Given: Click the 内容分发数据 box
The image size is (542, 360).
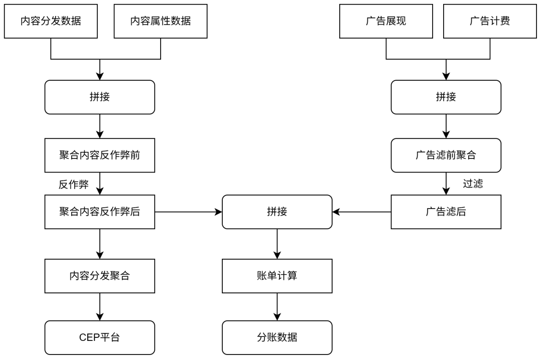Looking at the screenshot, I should point(51,21).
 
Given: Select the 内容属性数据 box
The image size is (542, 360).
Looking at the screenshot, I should point(161,21).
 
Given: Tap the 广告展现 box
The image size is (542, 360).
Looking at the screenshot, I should point(386,21).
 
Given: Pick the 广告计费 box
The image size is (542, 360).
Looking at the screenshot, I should point(490,21).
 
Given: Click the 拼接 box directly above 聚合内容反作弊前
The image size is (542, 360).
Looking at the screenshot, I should point(100,97).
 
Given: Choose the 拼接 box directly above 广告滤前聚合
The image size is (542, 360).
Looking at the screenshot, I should point(446,97).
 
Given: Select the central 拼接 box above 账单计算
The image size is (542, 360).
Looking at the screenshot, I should point(277,212).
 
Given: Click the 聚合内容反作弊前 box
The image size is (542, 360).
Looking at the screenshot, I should point(100,155).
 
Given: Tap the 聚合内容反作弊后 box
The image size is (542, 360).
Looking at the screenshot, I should point(100,212).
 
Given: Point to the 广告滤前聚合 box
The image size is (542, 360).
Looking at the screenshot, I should point(446,155).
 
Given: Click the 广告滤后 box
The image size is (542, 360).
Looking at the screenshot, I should point(446,212).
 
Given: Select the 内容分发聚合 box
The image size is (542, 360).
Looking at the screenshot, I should point(100,276).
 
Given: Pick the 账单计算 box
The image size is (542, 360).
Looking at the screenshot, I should point(277,276).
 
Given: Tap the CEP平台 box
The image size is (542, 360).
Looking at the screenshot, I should point(100,337).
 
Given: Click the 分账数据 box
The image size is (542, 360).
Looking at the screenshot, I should point(277,337).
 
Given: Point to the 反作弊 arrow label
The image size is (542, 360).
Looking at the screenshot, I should point(74,185).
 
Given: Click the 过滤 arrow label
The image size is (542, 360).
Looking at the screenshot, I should point(473,184).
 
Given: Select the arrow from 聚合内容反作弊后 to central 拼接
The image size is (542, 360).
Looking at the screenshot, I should point(188,212).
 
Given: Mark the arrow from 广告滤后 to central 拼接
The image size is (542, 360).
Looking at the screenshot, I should point(361,212).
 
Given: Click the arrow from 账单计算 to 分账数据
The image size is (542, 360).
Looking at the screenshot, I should point(277,307).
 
